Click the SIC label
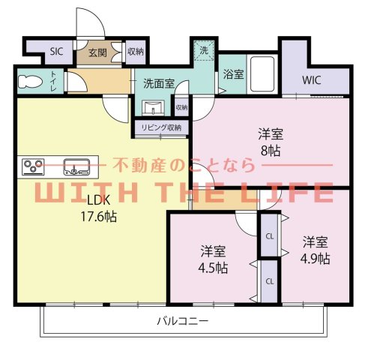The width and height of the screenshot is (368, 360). [x=56, y=52]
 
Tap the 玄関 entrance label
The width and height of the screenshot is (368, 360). [x=97, y=52]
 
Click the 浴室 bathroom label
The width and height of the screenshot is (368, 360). [x=233, y=74]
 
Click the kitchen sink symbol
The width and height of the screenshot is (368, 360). [x=77, y=165]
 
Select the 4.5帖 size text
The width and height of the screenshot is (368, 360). [x=214, y=267]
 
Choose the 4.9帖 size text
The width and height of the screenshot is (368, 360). [x=316, y=259]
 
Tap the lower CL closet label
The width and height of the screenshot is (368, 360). [x=269, y=281]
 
